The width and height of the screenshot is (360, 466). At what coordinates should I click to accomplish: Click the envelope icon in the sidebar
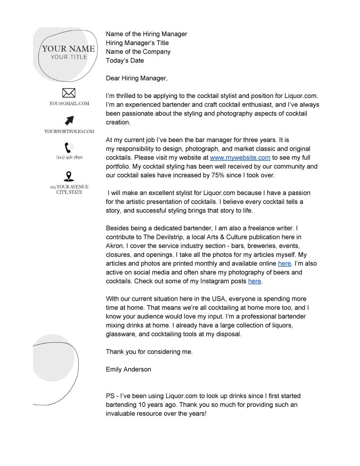(68, 93)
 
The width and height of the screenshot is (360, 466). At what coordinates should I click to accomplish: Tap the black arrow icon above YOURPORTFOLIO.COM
(69, 120)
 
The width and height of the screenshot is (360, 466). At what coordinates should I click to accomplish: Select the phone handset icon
(69, 148)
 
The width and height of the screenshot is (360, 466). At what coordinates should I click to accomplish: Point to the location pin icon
(69, 176)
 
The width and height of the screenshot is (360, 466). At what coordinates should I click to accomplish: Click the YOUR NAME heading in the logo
(69, 49)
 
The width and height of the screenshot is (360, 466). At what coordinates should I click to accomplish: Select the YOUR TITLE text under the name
(69, 57)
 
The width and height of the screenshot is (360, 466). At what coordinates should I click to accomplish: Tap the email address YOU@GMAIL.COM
(69, 104)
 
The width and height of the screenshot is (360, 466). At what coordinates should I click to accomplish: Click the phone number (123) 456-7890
(69, 157)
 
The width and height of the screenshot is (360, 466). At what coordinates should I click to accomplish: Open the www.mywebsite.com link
(240, 158)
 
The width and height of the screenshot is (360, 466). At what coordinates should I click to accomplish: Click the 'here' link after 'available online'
(284, 263)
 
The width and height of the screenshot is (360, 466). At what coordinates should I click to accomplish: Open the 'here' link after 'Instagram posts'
(254, 281)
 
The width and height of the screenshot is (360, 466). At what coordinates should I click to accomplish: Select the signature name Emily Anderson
(128, 369)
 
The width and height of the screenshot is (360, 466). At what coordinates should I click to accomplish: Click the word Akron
(115, 246)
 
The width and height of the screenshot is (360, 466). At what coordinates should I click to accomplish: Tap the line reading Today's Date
(125, 60)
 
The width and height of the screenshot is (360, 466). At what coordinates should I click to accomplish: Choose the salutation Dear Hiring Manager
(137, 78)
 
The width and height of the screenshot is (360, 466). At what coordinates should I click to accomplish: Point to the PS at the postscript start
(111, 396)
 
